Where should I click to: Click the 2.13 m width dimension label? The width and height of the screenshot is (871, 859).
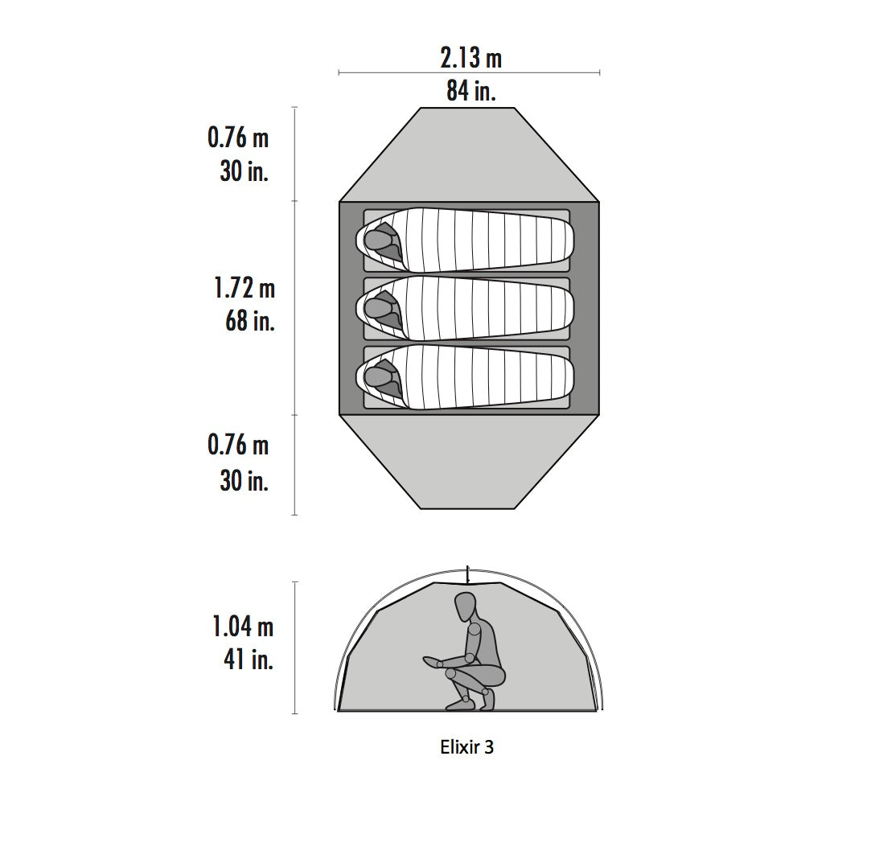tap(471, 59)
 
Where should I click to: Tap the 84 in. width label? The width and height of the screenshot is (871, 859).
tap(471, 91)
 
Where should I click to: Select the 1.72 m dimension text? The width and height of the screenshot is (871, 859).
tap(244, 289)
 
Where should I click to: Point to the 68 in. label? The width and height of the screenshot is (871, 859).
tap(250, 321)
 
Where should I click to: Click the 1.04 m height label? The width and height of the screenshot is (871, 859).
tap(244, 627)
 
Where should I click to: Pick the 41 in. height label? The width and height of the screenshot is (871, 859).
tap(249, 660)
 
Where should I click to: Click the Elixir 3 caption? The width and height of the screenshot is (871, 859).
tap(466, 747)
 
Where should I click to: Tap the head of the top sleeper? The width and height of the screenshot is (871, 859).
tap(378, 240)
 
